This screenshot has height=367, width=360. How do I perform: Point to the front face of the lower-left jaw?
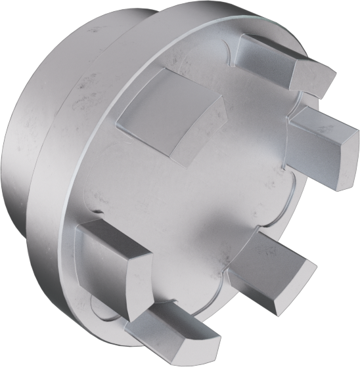coord(105,276)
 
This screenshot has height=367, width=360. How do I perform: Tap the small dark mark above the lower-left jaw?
coord(97,211)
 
